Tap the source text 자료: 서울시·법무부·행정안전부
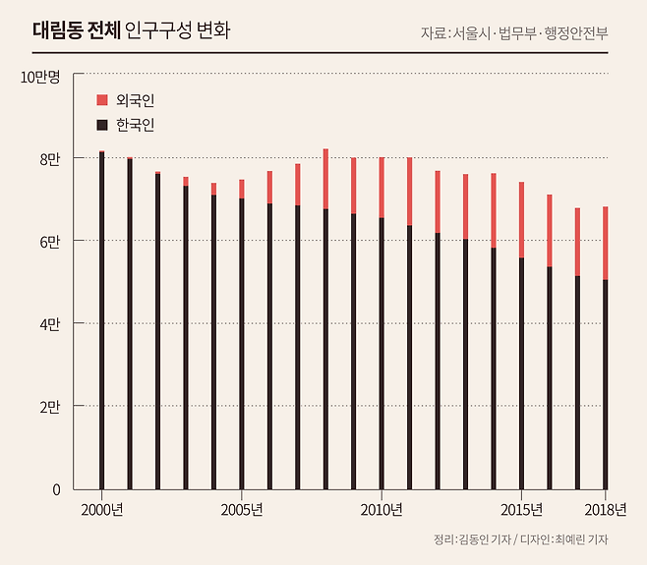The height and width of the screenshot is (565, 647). (513, 32)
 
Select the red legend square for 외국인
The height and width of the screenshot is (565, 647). (101, 100)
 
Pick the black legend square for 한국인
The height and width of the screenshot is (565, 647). (101, 126)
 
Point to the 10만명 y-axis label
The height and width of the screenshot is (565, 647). (40, 77)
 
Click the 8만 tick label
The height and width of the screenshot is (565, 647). (49, 159)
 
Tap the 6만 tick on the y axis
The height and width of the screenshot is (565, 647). (49, 242)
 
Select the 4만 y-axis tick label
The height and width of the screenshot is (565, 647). (49, 324)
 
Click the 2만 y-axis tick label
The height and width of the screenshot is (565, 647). (49, 407)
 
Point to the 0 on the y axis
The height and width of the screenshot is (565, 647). (56, 489)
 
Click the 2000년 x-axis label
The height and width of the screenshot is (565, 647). (101, 509)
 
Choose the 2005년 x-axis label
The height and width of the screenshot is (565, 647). (242, 509)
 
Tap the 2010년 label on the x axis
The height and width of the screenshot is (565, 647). (382, 509)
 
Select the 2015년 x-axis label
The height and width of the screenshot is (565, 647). (521, 509)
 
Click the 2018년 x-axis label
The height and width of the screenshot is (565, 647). (605, 509)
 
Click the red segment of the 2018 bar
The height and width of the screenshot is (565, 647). (605, 243)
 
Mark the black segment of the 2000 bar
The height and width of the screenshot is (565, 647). (101, 324)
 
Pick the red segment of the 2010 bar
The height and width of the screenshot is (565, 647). (382, 187)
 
